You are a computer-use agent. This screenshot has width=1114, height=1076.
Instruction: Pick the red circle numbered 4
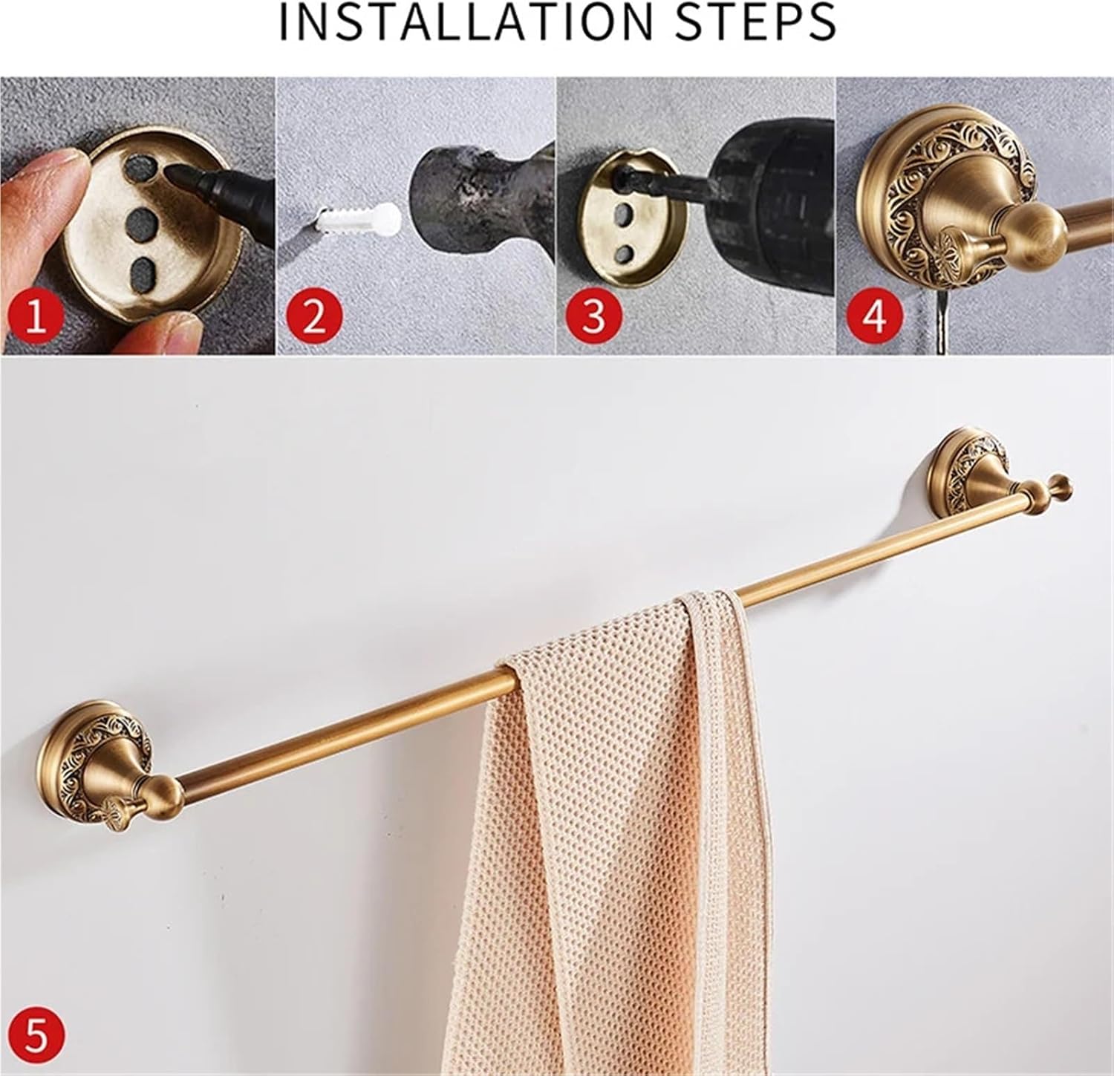873,316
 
